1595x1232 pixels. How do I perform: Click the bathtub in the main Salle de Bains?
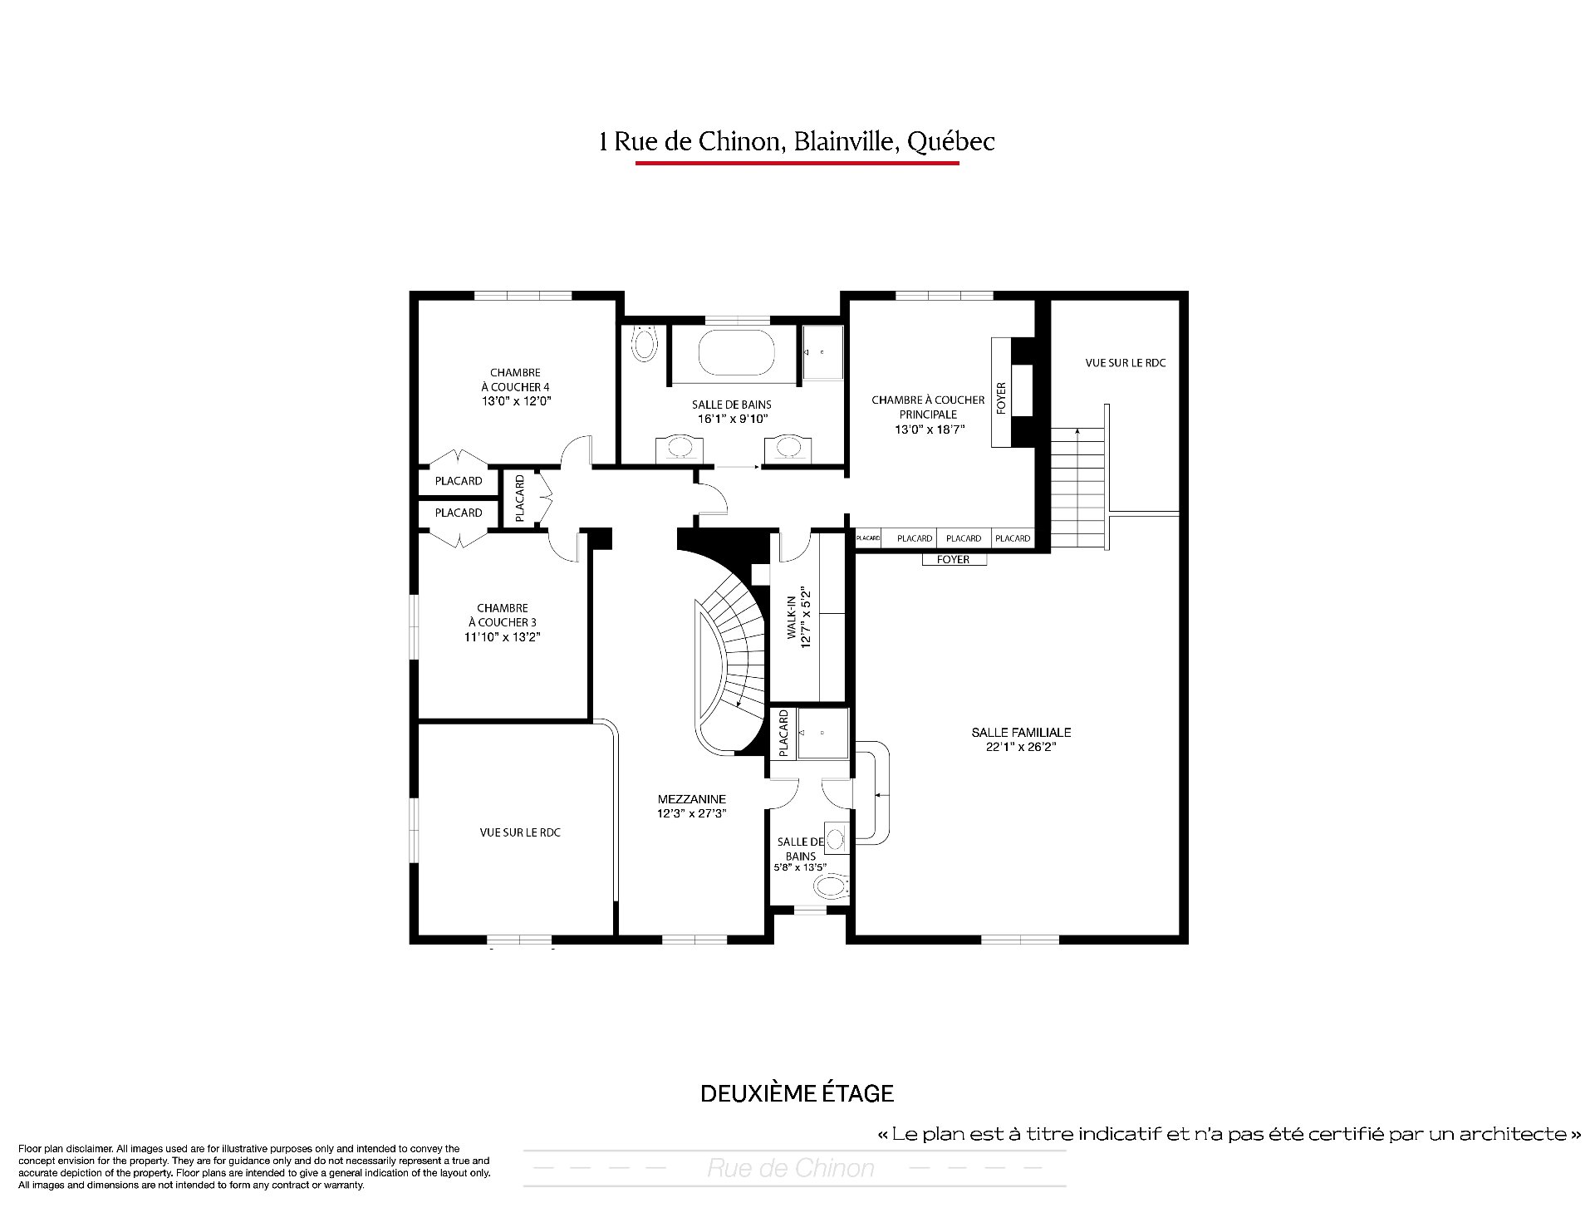tap(736, 353)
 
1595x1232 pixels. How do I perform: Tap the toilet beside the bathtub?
tap(644, 341)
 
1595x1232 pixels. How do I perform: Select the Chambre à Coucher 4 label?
tap(516, 380)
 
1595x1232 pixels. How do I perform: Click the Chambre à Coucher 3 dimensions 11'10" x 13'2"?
tap(503, 637)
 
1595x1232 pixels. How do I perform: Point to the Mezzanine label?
tap(692, 799)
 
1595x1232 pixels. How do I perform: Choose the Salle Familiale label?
tap(1021, 732)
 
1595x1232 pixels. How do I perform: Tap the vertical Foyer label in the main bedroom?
tap(1001, 398)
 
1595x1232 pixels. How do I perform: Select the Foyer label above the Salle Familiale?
tap(953, 559)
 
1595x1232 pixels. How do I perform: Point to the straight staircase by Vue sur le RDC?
tap(1077, 488)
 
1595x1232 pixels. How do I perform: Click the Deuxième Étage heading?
tap(797, 1093)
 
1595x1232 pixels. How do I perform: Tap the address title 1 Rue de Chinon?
tap(797, 141)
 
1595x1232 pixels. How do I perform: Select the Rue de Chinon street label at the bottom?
tap(791, 1168)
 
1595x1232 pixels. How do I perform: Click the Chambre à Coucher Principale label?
tap(928, 407)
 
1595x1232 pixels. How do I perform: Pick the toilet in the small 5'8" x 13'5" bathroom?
tap(832, 887)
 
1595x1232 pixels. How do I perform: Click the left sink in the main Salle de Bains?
tap(680, 448)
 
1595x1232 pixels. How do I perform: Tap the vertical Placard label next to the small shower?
tap(783, 733)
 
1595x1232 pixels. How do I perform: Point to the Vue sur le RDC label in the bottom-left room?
tap(520, 832)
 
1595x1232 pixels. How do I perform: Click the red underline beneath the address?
tap(797, 163)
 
